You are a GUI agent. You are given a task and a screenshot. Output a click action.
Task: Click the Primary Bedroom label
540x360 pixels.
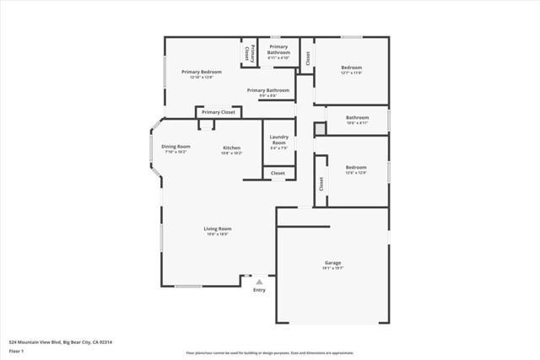click(x=202, y=72)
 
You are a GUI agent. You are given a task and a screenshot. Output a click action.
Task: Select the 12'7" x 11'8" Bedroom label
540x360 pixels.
click(x=352, y=67)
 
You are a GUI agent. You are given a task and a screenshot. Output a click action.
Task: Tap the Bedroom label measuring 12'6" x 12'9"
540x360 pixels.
click(x=355, y=168)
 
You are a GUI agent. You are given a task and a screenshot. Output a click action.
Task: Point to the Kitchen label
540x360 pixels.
click(x=231, y=148)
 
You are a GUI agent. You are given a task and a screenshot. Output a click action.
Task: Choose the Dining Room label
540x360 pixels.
click(x=176, y=147)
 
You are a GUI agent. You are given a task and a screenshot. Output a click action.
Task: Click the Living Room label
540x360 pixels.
click(x=217, y=228)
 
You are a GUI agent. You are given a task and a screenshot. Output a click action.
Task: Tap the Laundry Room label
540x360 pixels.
click(x=278, y=140)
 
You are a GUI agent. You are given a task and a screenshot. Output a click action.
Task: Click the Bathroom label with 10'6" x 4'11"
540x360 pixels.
click(x=357, y=117)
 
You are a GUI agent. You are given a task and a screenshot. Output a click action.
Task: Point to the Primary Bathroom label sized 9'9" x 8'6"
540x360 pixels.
click(x=268, y=90)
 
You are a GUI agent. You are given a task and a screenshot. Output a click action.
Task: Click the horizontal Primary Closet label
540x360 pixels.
click(x=218, y=112)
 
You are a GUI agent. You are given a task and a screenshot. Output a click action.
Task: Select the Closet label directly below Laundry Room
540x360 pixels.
click(x=278, y=173)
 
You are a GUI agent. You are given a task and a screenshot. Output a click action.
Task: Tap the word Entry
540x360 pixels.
click(x=259, y=290)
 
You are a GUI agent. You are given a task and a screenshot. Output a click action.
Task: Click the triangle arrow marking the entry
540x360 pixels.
click(x=259, y=281)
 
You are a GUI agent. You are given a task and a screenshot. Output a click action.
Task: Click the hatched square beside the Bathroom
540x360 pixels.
click(x=320, y=128)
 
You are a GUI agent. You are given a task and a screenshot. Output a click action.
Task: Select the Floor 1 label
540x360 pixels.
click(x=17, y=352)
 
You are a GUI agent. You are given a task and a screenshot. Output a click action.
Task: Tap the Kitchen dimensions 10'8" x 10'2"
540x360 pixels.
click(x=231, y=153)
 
